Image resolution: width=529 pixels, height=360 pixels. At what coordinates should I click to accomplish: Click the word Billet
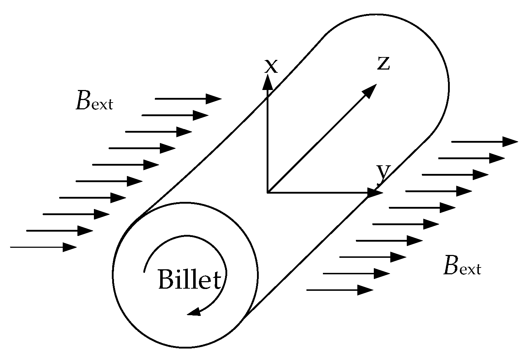189,279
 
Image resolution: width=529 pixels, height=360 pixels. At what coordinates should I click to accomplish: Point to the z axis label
383,63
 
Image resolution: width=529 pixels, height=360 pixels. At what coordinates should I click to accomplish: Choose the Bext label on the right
462,266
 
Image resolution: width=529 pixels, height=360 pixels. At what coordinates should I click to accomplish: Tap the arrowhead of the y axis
375,193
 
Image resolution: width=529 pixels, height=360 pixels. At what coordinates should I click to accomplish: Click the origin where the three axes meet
267,193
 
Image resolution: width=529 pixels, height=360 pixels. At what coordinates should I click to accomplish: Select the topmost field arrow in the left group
188,99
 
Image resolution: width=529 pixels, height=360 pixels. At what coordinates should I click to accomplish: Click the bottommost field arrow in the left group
43,247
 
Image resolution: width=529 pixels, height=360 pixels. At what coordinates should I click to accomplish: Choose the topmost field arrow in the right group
484,142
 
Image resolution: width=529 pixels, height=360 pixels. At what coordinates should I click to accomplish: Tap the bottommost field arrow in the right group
340,290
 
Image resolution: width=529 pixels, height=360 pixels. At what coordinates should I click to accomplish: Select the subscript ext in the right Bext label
469,269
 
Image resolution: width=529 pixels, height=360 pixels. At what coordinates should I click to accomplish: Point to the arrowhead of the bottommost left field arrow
70,247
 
